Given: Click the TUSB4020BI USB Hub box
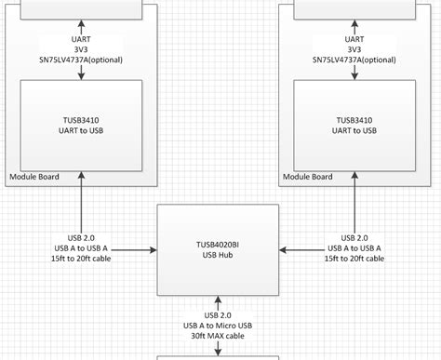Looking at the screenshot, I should tap(218, 249).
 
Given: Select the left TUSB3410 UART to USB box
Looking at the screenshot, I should tap(82, 125).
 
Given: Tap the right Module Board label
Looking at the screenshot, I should tap(307, 177).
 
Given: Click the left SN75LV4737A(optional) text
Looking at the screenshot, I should tap(81, 60).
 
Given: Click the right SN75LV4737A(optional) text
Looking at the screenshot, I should tap(354, 60).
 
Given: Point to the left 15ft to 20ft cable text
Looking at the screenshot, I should tap(82, 259).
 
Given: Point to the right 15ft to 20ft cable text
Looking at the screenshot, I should tap(355, 259).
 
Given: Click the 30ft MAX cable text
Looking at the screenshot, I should tap(219, 335).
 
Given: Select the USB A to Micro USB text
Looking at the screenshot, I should tap(219, 325).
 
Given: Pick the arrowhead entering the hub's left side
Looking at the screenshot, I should tap(153, 249).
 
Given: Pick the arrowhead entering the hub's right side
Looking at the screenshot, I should tap(284, 249).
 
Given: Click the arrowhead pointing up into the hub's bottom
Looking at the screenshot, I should tap(219, 300).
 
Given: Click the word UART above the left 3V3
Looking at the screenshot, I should tap(81, 39).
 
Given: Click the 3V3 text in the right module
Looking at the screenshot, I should tap(354, 50).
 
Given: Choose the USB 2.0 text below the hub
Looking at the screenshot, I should tap(219, 314).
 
